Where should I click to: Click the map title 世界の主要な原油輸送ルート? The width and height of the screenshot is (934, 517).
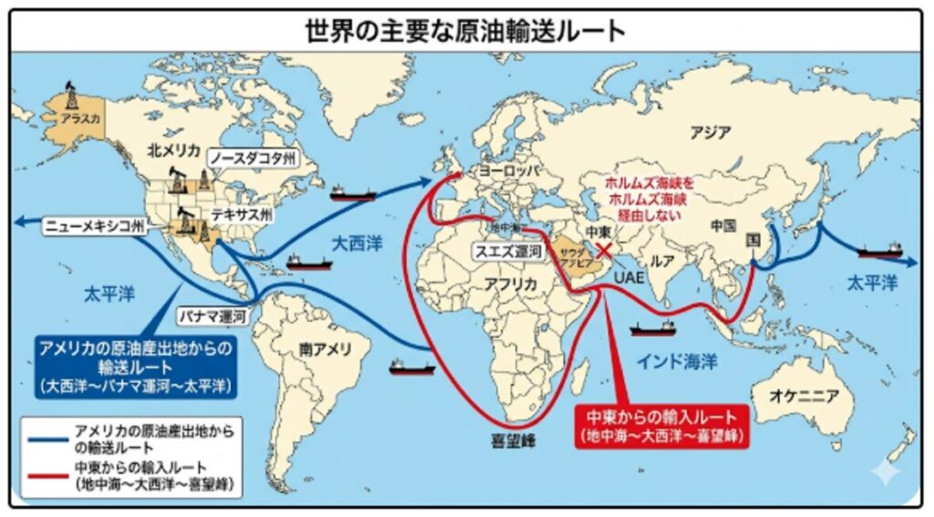point(466,29)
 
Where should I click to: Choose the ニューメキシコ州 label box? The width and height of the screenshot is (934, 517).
point(94,223)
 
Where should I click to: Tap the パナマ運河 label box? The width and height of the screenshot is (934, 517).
point(212,316)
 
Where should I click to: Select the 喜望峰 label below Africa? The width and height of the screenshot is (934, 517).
point(511,441)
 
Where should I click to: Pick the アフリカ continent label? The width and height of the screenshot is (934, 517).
point(512,284)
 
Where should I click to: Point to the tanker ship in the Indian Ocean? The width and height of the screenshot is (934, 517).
point(653,326)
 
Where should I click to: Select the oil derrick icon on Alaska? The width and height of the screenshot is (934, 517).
point(70,96)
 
